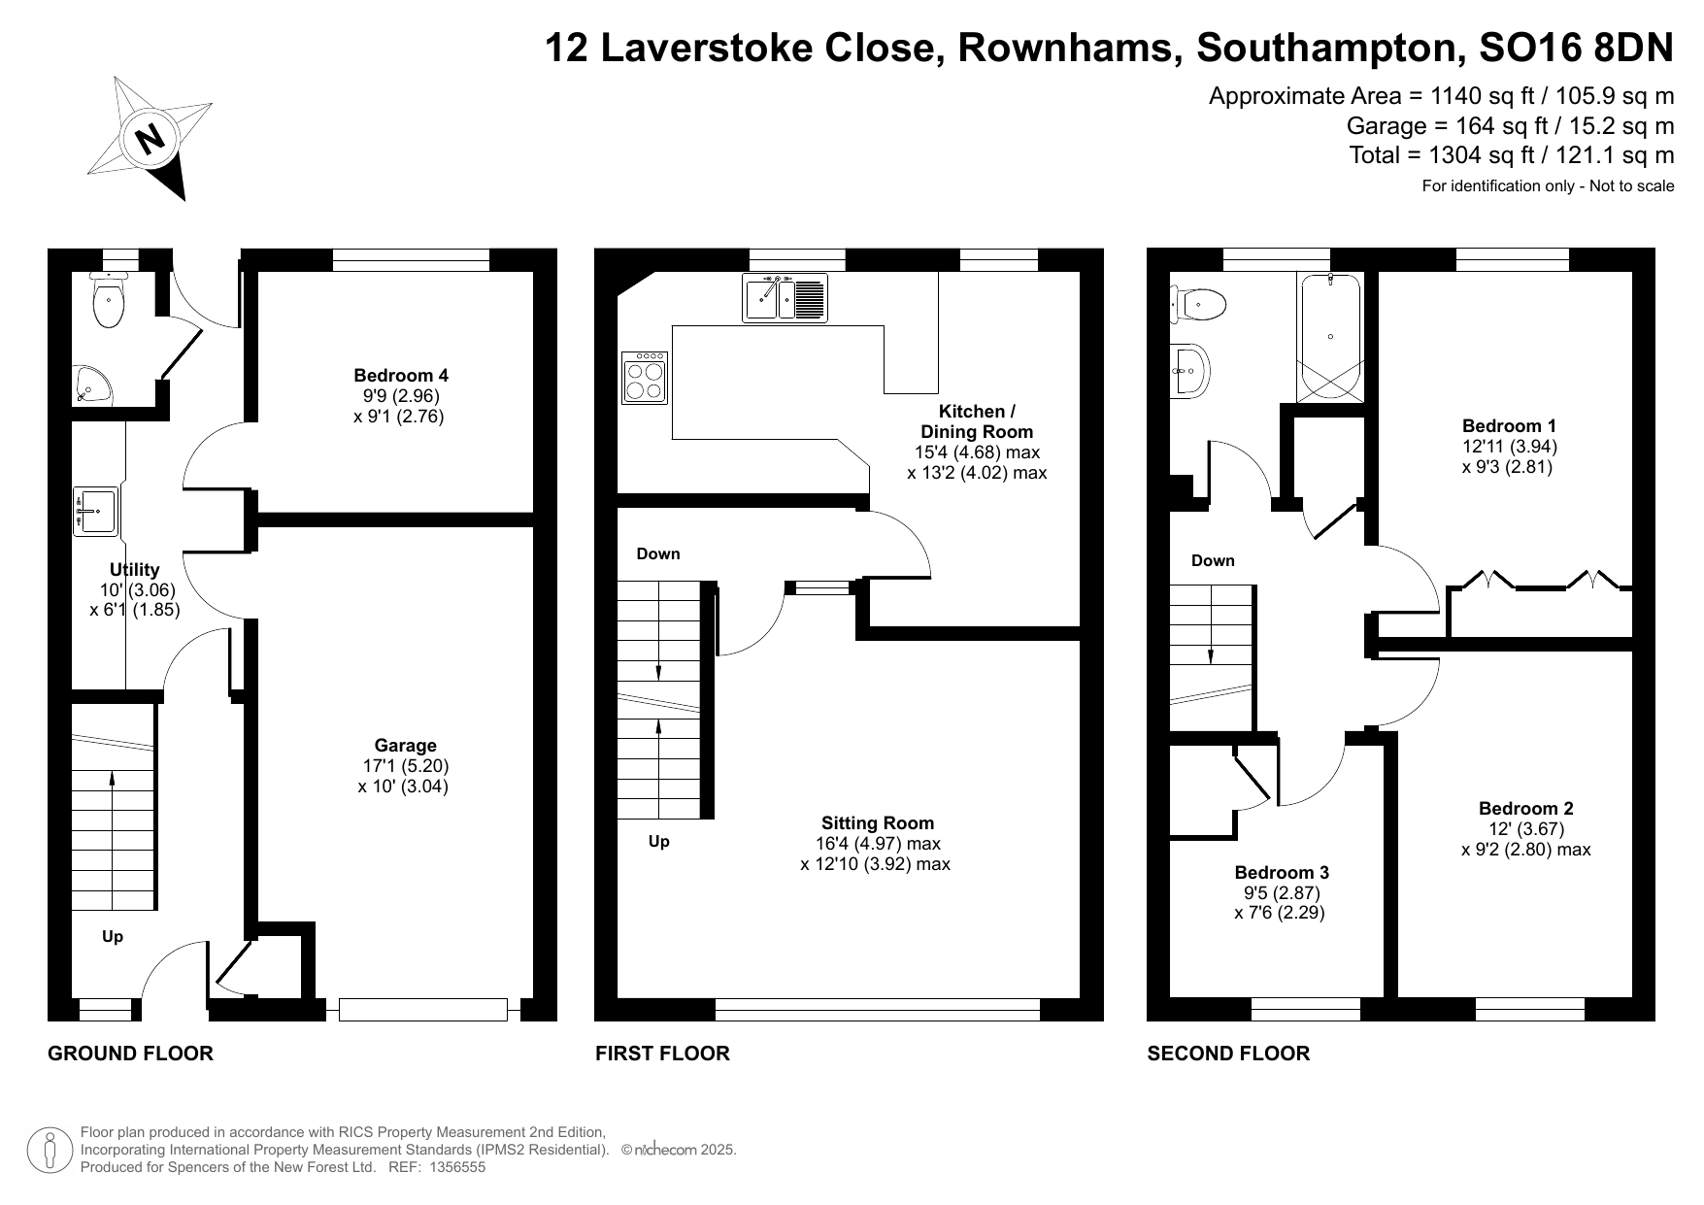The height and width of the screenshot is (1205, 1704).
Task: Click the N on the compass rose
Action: pyautogui.click(x=150, y=138)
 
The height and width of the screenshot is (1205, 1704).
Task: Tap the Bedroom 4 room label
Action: pyautogui.click(x=401, y=375)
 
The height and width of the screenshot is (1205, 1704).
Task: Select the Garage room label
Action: pyautogui.click(x=405, y=746)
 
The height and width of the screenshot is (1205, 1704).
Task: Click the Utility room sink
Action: pyautogui.click(x=95, y=512)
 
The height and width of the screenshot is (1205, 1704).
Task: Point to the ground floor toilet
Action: pyautogui.click(x=107, y=299)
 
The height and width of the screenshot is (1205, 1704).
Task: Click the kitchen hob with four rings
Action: pyautogui.click(x=645, y=378)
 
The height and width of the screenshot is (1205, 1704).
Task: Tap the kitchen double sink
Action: pyautogui.click(x=785, y=297)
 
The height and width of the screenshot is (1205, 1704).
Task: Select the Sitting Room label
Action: pyautogui.click(x=878, y=822)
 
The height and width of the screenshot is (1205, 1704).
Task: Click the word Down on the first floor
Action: pyautogui.click(x=658, y=553)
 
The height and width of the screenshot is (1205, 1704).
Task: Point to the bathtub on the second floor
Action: pyautogui.click(x=1329, y=337)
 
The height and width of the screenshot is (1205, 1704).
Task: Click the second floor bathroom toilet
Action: pyautogui.click(x=1198, y=305)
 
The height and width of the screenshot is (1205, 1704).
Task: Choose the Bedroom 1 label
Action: pyautogui.click(x=1509, y=425)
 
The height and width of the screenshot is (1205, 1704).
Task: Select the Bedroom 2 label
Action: pyautogui.click(x=1525, y=808)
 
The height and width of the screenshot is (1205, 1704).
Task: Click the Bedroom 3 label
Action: pyautogui.click(x=1282, y=872)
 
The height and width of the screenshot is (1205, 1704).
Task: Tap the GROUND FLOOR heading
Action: pyautogui.click(x=130, y=1054)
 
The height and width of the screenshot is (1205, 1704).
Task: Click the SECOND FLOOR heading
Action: pyautogui.click(x=1228, y=1054)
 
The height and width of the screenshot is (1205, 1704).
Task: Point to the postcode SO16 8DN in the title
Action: pyautogui.click(x=1576, y=48)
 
